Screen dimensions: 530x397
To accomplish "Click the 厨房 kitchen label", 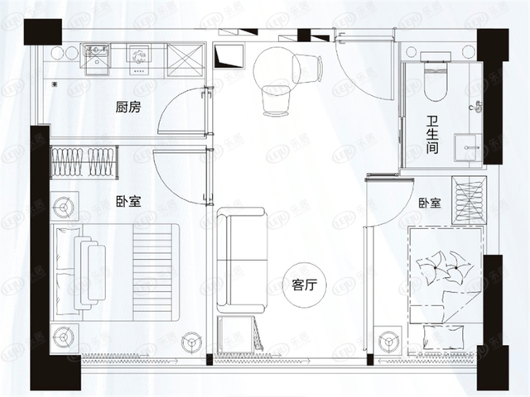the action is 128,108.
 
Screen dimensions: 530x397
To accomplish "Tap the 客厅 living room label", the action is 305,285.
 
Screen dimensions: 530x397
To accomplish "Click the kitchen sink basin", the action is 97,59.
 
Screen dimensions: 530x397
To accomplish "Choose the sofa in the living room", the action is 242,261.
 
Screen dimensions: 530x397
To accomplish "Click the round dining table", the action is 277,70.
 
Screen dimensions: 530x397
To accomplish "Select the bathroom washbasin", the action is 468,147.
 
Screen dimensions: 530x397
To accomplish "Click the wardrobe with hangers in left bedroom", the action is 84,162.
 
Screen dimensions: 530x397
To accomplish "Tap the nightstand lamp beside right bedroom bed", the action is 388,341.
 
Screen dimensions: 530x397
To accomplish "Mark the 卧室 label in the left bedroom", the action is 128,202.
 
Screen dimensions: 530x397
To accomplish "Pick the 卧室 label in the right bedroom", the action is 430,203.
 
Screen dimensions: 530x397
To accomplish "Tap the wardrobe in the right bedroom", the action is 470,200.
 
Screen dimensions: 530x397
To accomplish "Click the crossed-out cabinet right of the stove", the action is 185,60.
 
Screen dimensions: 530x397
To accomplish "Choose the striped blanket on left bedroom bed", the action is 155,272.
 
